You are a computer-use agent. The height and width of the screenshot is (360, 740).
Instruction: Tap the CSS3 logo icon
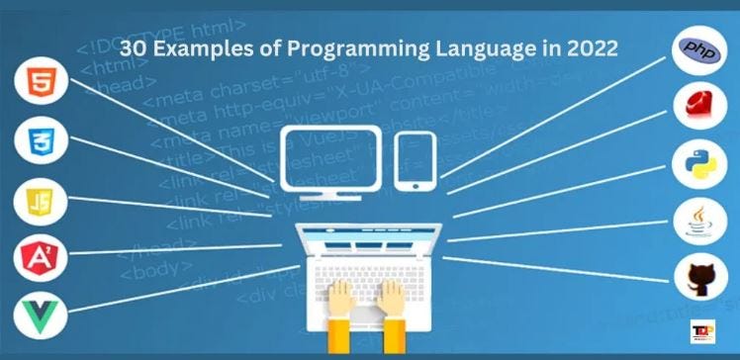39,141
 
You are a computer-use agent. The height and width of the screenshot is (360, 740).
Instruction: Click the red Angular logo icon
39,259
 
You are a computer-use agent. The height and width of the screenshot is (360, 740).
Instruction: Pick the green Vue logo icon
39,318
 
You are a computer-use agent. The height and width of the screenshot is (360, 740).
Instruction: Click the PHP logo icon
699,50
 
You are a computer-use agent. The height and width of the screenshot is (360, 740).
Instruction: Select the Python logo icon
699,164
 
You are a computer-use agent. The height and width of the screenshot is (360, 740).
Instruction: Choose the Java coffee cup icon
699,221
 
